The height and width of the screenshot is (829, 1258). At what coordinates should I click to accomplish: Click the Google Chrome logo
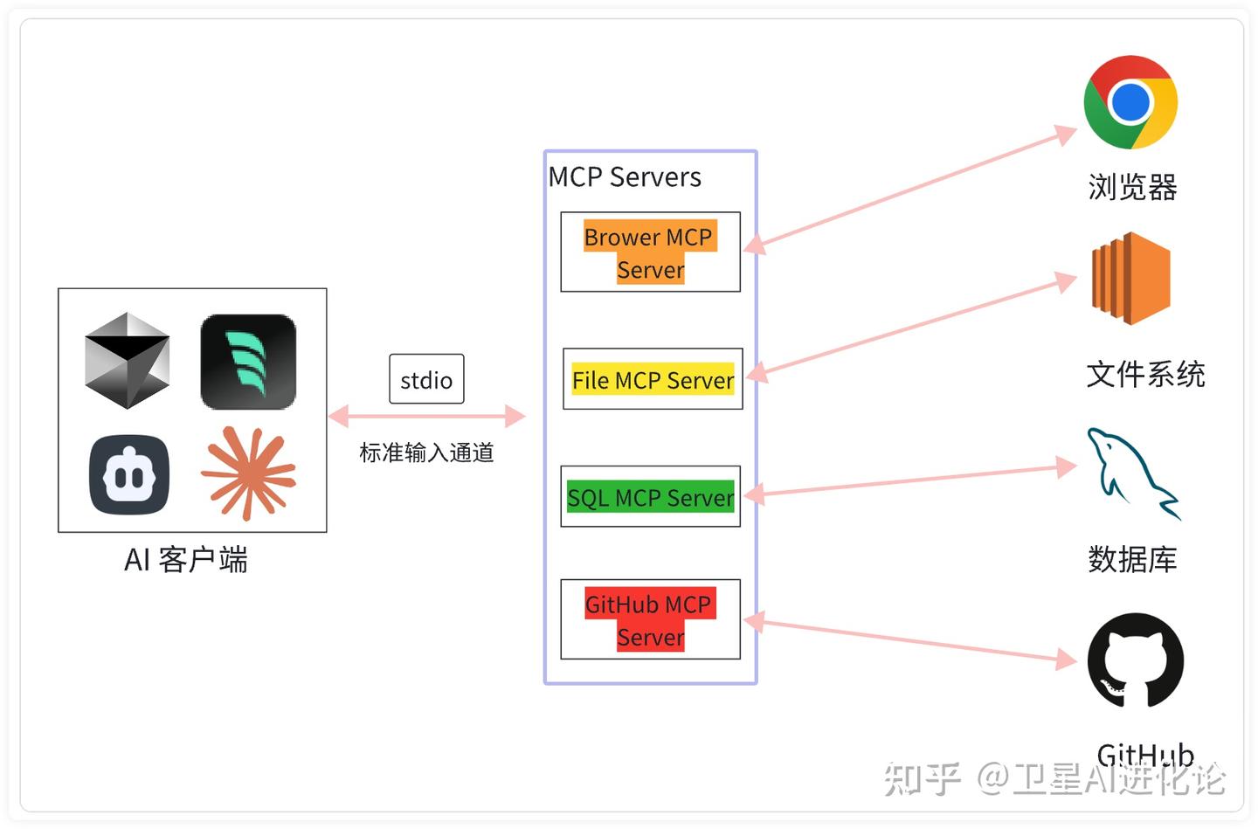coord(1130,102)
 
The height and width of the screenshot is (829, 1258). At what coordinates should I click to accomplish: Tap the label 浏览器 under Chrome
coord(1132,187)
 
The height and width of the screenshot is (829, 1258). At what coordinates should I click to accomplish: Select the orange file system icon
coord(1130,279)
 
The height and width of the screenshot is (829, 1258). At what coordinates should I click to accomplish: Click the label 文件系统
coord(1145,374)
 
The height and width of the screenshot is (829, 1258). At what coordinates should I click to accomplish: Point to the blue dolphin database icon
coord(1132,473)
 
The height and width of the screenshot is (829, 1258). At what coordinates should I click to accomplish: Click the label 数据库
coord(1132,559)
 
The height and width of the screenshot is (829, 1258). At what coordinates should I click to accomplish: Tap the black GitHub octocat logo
coord(1135,660)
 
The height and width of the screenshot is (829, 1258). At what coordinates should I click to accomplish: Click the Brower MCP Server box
coord(650,252)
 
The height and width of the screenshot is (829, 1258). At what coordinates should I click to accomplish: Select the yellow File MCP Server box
coord(653,380)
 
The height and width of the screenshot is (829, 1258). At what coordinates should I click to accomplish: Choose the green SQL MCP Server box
coord(650,497)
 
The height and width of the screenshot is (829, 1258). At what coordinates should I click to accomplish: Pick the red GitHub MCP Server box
coord(650,619)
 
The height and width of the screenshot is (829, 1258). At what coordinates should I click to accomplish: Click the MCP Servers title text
coord(625,177)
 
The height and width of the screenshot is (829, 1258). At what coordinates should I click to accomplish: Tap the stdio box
coord(426,380)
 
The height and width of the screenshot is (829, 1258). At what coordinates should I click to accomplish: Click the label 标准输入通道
coord(426,452)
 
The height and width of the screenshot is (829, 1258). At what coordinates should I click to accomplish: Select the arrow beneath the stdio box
coord(426,417)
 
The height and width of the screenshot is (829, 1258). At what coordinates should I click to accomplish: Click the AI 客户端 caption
coord(186,559)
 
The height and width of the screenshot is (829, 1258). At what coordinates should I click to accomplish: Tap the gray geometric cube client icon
coord(128,361)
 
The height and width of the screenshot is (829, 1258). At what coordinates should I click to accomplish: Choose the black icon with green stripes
coord(248,362)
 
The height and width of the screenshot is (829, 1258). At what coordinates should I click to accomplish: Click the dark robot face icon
coord(129,475)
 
